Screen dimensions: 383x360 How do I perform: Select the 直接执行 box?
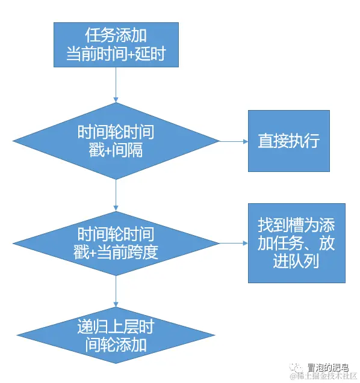click(288, 141)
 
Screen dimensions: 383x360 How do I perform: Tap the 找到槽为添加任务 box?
click(296, 243)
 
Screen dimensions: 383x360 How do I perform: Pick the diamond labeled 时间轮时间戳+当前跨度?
click(116, 243)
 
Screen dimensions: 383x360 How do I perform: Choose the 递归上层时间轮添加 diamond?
click(116, 336)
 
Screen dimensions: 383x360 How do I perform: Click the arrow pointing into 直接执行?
click(235, 142)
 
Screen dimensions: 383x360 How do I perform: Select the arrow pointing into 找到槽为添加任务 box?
click(235, 244)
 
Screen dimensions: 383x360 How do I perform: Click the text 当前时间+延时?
click(116, 55)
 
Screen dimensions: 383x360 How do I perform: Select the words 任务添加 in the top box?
click(116, 35)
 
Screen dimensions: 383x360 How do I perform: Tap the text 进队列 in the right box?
click(296, 262)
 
